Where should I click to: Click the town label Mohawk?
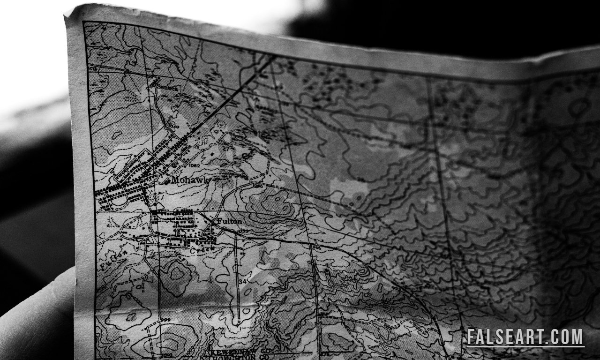pyautogui.click(x=189, y=180)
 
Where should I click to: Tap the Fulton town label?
pyautogui.click(x=229, y=221)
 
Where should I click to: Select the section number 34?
pyautogui.click(x=242, y=281)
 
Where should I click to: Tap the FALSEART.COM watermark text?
pyautogui.click(x=525, y=337)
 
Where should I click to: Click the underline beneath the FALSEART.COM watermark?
pyautogui.click(x=525, y=346)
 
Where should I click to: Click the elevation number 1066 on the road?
pyautogui.click(x=315, y=247)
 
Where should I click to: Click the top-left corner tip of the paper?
pyautogui.click(x=66, y=16)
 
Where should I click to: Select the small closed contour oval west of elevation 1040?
pyautogui.click(x=117, y=135)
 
